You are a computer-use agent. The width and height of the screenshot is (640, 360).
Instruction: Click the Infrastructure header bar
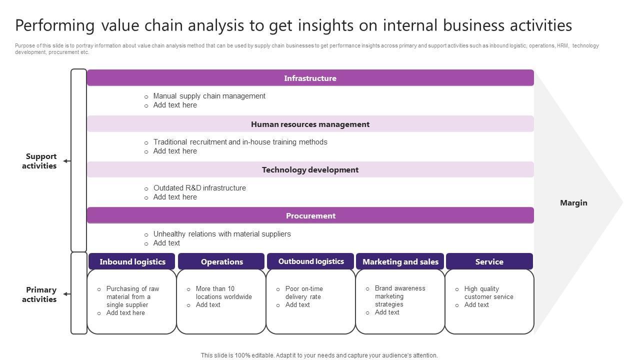point(310,78)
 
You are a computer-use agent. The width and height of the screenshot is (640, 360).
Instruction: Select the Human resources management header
point(310,124)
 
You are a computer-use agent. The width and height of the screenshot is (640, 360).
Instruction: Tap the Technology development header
point(310,170)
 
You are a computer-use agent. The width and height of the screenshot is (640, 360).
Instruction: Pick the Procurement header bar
point(310,215)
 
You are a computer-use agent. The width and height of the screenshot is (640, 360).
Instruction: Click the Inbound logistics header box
point(132,261)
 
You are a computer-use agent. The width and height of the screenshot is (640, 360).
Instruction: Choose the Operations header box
point(221,261)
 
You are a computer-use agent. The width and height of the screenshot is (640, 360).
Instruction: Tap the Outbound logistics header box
point(310,261)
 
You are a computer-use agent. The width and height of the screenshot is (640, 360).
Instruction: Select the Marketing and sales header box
point(400,261)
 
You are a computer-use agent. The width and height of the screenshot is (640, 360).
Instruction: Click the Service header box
point(489,261)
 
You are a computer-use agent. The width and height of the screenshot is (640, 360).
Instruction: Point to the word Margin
point(573,202)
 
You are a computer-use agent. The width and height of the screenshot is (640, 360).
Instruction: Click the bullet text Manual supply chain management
point(209,96)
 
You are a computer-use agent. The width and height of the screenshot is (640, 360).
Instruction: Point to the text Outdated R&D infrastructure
point(199,188)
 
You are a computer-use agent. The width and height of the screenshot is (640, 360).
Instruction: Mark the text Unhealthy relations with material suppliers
point(222,234)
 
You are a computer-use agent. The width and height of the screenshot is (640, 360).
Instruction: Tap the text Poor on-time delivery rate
point(304,292)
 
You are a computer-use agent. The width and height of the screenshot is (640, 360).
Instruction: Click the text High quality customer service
point(488,292)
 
